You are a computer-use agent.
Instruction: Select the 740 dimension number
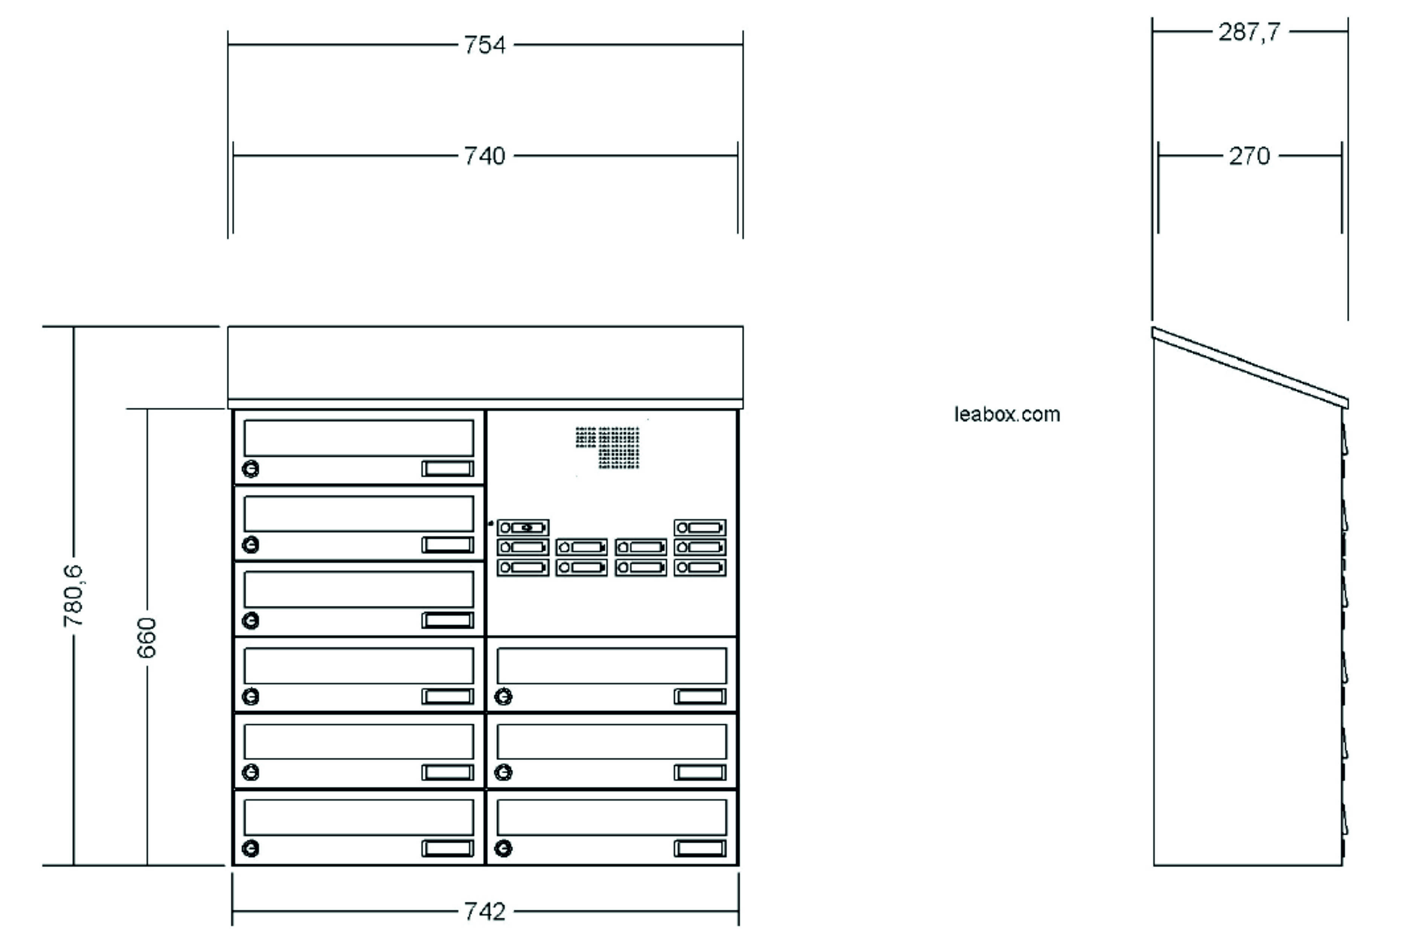pyautogui.click(x=485, y=156)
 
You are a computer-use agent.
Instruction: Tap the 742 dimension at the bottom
pyautogui.click(x=485, y=911)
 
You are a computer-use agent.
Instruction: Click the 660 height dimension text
pyautogui.click(x=147, y=638)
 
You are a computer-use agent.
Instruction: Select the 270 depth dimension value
pyautogui.click(x=1249, y=156)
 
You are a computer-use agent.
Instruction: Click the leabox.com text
pyautogui.click(x=1007, y=414)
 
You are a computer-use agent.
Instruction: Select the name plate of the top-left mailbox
pyautogui.click(x=448, y=468)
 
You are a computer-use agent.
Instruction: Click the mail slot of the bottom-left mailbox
pyautogui.click(x=359, y=817)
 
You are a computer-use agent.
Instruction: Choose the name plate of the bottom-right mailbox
pyautogui.click(x=700, y=848)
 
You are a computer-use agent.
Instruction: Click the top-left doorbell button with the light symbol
pyautogui.click(x=522, y=527)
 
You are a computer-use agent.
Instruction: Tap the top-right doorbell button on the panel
pyautogui.click(x=700, y=527)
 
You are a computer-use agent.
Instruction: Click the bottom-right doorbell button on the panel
pyautogui.click(x=700, y=567)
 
